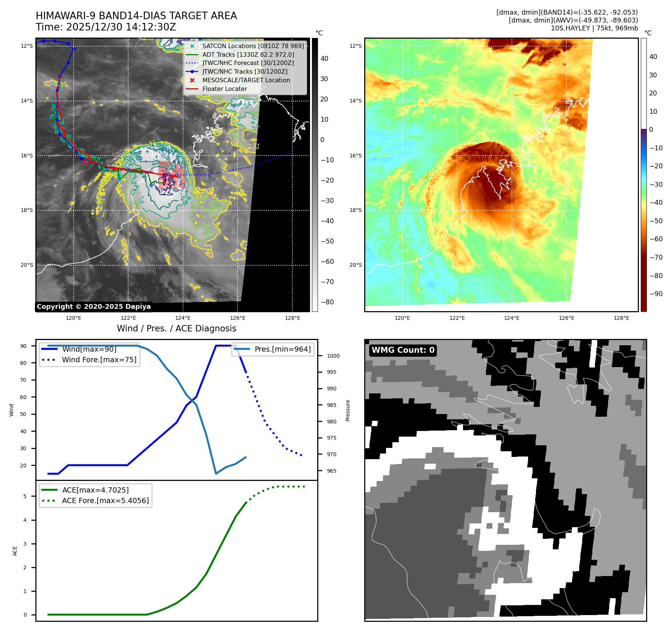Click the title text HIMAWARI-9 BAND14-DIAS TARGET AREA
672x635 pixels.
(136, 16)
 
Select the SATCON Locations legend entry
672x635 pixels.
(253, 46)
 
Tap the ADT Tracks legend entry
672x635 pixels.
(248, 54)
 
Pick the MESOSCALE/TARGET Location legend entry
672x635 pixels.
(246, 80)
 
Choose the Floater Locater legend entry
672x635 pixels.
(224, 89)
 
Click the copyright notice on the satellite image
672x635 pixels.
(94, 307)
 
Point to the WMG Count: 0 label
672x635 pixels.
(403, 350)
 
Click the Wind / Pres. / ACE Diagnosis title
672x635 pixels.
(176, 328)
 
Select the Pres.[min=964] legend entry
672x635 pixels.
(282, 349)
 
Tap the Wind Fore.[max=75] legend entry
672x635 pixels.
(99, 360)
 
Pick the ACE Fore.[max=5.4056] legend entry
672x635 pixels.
(105, 500)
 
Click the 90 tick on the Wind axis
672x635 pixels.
(23, 346)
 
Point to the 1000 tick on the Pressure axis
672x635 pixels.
(333, 356)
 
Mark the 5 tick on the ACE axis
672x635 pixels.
(25, 496)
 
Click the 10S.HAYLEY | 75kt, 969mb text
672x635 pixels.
(594, 28)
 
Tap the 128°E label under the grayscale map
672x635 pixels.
(292, 318)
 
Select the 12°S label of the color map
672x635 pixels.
(355, 46)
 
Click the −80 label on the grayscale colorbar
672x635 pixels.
(327, 302)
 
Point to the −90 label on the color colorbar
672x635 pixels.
(656, 294)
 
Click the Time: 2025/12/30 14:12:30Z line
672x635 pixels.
(106, 27)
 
